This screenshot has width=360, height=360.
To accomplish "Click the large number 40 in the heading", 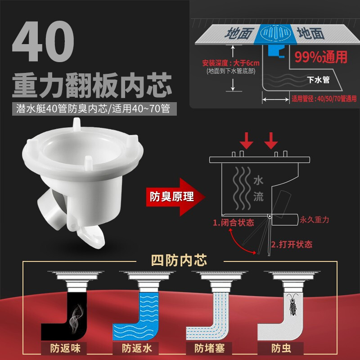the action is [x=43, y=41].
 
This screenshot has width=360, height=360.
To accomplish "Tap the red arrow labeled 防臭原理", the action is [x=175, y=197].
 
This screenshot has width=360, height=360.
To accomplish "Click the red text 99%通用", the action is [x=321, y=57].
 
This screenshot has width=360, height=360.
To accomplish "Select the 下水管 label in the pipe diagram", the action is [x=318, y=80].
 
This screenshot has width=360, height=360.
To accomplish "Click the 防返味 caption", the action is [x=65, y=348].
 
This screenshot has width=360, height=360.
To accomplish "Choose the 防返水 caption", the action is [x=137, y=348].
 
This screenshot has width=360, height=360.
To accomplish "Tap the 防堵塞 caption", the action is [x=209, y=348].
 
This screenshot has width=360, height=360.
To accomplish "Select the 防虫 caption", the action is [x=281, y=348].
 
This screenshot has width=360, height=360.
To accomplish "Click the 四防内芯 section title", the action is [x=179, y=261].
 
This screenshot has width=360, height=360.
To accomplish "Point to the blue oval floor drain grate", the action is [x=275, y=33].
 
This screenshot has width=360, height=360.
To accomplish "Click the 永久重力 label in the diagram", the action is [x=315, y=220].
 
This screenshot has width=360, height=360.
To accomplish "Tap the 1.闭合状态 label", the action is [x=233, y=222].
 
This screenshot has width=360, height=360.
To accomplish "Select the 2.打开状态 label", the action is [x=292, y=244].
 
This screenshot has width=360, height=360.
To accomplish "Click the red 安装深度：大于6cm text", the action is [x=231, y=63].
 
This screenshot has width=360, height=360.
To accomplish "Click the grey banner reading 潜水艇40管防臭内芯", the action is [x=94, y=108].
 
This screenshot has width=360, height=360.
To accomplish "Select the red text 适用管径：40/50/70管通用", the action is [x=324, y=99].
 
